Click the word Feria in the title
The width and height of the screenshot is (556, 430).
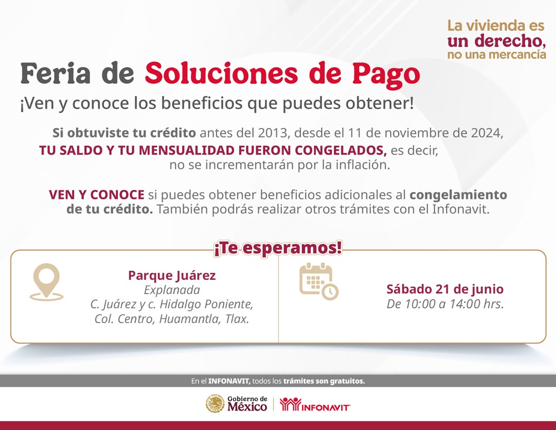pos(56,73)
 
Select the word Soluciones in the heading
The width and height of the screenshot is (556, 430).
pos(221,73)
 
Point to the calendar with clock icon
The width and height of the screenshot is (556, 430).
pos(319,281)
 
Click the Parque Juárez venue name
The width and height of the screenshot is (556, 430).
pos(172,275)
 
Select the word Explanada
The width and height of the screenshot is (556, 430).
pos(172,290)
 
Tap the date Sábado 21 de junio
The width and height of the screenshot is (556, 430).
pos(445,289)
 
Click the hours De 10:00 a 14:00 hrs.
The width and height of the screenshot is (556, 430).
pos(445,304)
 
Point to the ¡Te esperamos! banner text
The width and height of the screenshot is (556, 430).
pos(278,248)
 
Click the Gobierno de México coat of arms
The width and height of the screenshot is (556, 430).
pos(215,404)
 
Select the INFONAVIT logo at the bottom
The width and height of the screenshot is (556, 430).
pos(315,405)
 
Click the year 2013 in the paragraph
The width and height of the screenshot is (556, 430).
pos(272,133)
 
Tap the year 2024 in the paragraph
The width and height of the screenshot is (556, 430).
pos(485,133)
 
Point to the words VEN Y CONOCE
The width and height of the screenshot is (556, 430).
pos(96,195)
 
